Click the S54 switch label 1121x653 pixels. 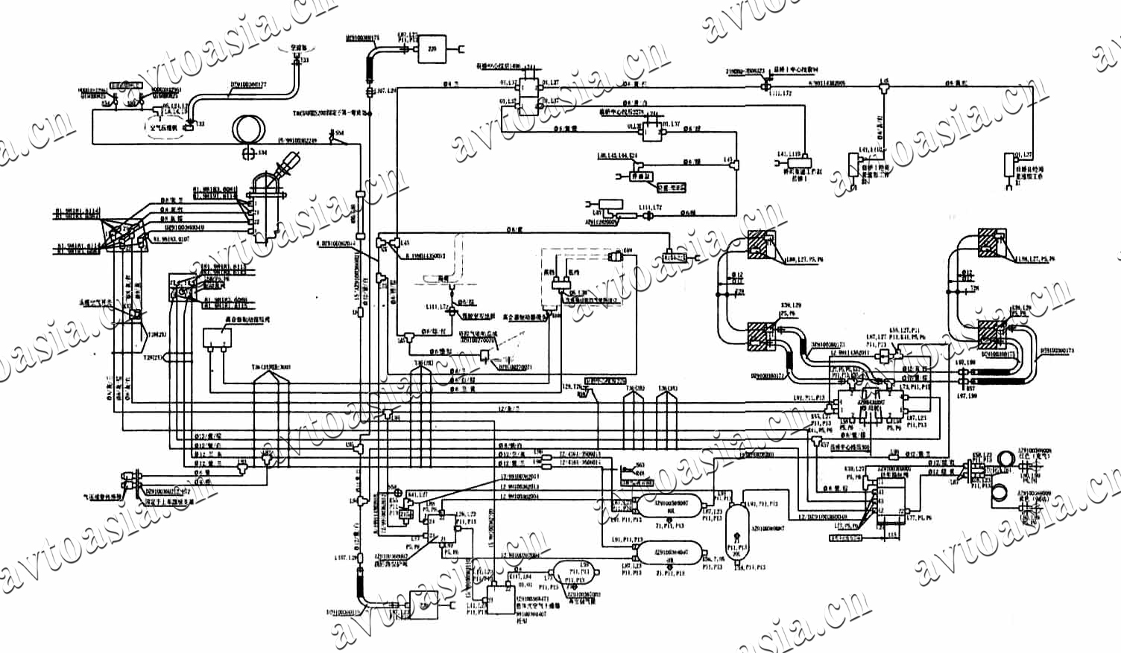click(340, 133)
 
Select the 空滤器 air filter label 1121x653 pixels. click(299, 47)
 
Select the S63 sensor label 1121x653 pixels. click(640, 465)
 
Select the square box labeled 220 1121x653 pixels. click(431, 49)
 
